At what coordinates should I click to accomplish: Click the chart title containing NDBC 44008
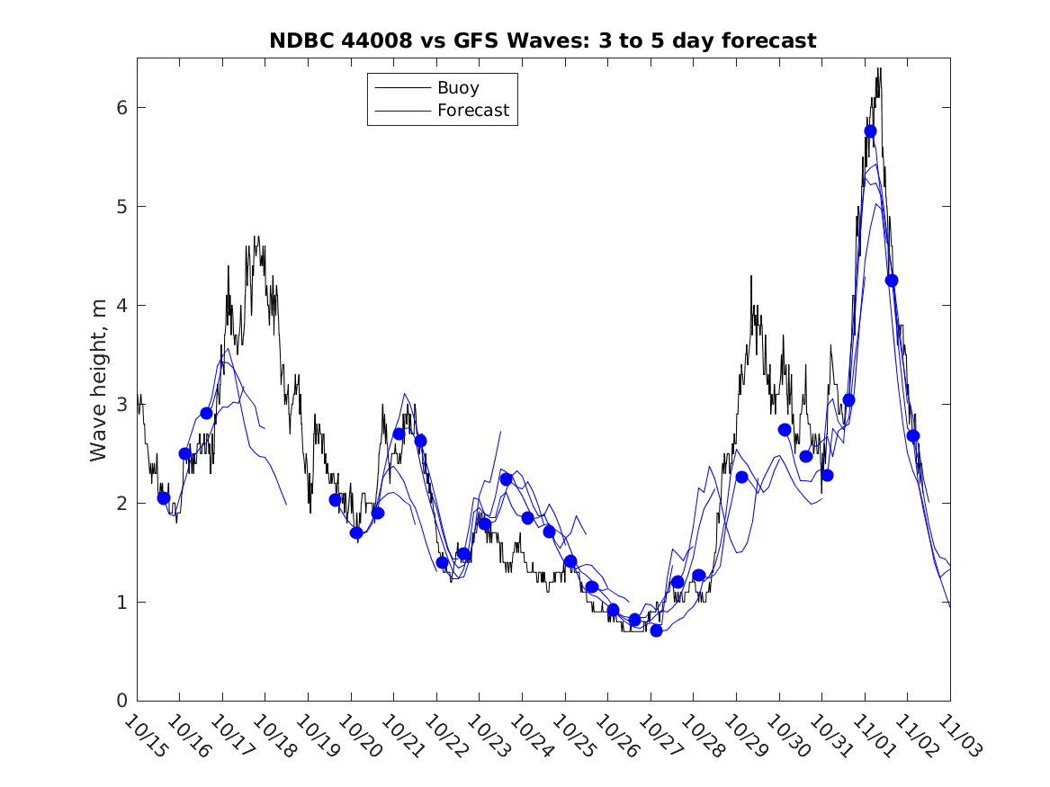543,40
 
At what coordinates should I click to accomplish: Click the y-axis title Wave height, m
100,381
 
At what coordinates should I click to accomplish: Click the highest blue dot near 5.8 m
870,131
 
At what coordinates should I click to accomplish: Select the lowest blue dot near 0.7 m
656,630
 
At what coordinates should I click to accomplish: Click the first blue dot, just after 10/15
163,498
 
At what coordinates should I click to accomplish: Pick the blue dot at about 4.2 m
892,281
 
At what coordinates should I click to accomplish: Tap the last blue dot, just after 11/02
913,436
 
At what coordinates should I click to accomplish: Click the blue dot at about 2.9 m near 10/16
206,414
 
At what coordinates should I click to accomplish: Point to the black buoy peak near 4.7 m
256,237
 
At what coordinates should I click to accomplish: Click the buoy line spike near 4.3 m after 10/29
751,277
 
